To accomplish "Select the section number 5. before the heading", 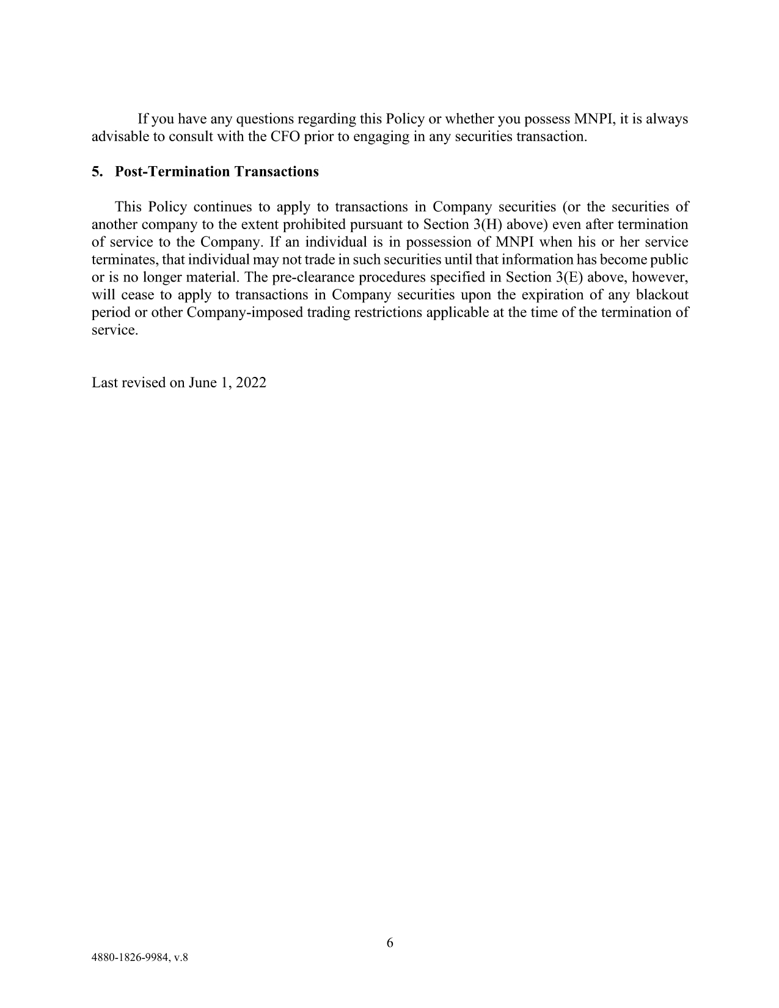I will pos(97,172).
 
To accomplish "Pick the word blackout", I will pos(662,295).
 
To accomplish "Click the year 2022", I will pos(251,383).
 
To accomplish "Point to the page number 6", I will pos(390,943).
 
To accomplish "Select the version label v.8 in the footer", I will pos(180,958).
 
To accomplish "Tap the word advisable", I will pos(120,136).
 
